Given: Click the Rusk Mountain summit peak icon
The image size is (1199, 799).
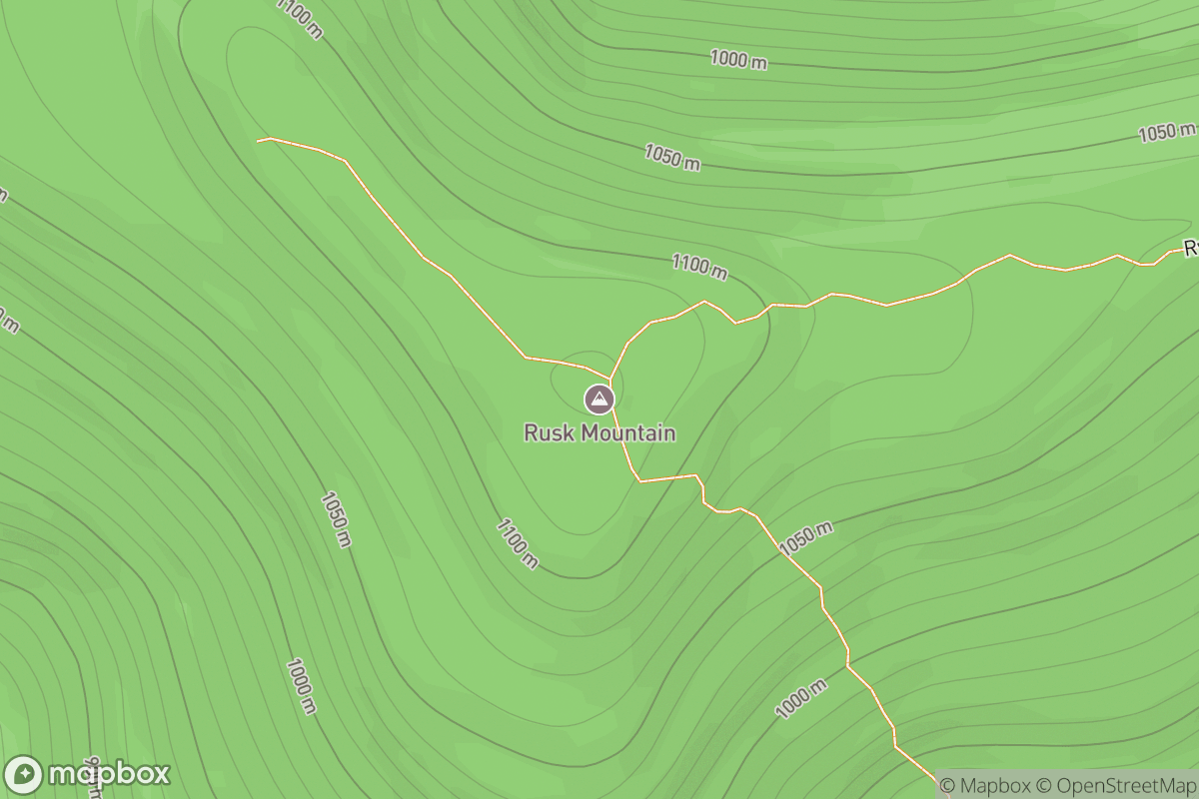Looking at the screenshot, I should (x=599, y=399).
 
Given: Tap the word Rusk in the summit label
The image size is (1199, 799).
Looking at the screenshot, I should (x=548, y=433).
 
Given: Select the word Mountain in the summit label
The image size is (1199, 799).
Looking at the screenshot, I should (x=625, y=433).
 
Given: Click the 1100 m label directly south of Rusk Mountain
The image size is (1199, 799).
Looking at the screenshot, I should (x=517, y=543).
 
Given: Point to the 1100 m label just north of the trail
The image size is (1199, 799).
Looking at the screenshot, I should (x=699, y=266).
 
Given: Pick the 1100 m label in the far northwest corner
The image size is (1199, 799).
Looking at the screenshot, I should (x=300, y=18).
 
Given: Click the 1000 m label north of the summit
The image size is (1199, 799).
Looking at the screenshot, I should (x=738, y=59).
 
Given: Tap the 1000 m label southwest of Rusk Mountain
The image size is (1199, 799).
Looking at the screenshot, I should (x=301, y=686).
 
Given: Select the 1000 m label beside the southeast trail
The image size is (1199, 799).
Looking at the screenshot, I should (x=801, y=698).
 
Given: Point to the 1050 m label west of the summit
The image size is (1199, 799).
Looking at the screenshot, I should (x=336, y=519).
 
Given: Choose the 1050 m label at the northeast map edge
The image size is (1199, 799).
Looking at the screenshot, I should (x=1166, y=132).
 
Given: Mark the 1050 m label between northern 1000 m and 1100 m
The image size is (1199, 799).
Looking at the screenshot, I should (x=671, y=157).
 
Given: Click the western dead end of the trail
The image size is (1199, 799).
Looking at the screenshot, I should (x=259, y=141).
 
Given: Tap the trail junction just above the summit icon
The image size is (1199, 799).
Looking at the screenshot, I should (x=610, y=379).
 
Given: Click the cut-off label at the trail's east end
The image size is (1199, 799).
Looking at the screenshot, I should (x=1190, y=248).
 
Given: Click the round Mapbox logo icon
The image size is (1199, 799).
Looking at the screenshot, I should (x=24, y=774).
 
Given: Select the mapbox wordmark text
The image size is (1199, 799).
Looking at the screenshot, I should (x=110, y=774).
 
